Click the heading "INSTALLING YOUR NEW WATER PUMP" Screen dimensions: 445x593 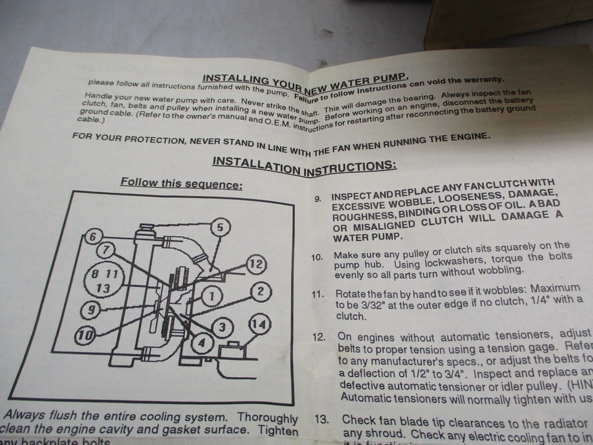pyautogui.click(x=305, y=80)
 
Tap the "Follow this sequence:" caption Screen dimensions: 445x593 pyautogui.click(x=181, y=184)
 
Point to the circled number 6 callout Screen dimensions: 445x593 pyautogui.click(x=93, y=237)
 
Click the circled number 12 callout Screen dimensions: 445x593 pyautogui.click(x=255, y=265)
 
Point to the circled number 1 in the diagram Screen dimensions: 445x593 pyautogui.click(x=212, y=296)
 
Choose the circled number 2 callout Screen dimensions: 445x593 pyautogui.click(x=261, y=291)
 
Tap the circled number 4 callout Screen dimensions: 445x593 pyautogui.click(x=201, y=342)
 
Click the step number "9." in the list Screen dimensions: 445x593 pyautogui.click(x=318, y=200)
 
